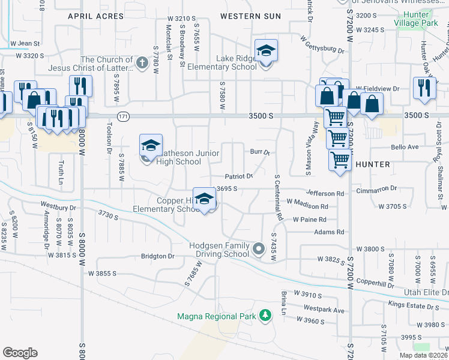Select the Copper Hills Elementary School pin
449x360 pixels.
click(205, 200)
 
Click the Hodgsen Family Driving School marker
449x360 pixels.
click(259, 248)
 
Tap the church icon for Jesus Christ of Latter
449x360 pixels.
click(142, 63)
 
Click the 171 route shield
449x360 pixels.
click(123, 115)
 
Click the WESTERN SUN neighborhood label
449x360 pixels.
click(250, 16)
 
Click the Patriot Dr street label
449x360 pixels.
click(239, 176)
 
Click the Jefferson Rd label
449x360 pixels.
click(325, 193)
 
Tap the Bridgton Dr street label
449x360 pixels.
click(157, 256)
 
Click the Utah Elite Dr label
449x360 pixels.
click(426, 291)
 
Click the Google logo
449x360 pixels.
click(20, 352)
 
